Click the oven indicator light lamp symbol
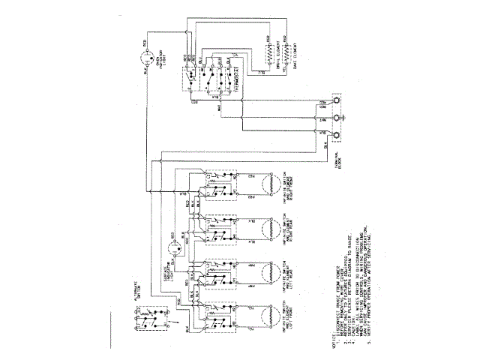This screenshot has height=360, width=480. pyautogui.click(x=147, y=55)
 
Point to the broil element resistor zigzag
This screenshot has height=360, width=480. pyautogui.click(x=267, y=53)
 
